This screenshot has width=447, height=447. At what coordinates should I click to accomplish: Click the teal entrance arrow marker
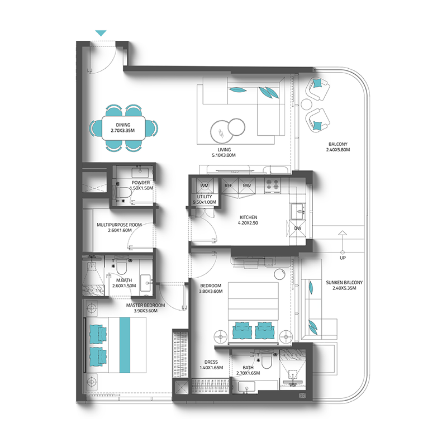pyautogui.click(x=101, y=33)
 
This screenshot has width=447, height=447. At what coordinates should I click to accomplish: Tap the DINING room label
pyautogui.click(x=123, y=125)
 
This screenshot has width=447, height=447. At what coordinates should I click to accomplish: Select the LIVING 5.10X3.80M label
pyautogui.click(x=224, y=153)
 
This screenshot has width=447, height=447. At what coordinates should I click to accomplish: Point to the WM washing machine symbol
pyautogui.click(x=205, y=186)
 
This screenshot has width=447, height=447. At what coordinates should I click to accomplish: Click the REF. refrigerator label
pyautogui.click(x=229, y=186)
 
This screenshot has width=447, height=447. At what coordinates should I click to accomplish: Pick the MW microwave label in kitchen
pyautogui.click(x=246, y=186)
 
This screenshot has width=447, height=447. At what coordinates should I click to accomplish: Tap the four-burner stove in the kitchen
pyautogui.click(x=272, y=185)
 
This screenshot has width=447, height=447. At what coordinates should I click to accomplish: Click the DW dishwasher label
pyautogui.click(x=298, y=228)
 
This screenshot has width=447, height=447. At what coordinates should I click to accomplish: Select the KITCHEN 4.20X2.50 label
pyautogui.click(x=248, y=220)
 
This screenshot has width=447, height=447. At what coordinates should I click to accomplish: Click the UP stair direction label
pyautogui.click(x=343, y=258)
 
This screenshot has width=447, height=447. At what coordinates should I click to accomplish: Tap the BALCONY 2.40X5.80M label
pyautogui.click(x=338, y=147)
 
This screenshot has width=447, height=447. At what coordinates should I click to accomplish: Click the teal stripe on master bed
pyautogui.click(x=125, y=345)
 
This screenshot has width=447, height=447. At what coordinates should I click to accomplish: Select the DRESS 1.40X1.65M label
pyautogui.click(x=211, y=365)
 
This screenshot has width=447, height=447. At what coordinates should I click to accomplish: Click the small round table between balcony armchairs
pyautogui.click(x=307, y=104)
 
